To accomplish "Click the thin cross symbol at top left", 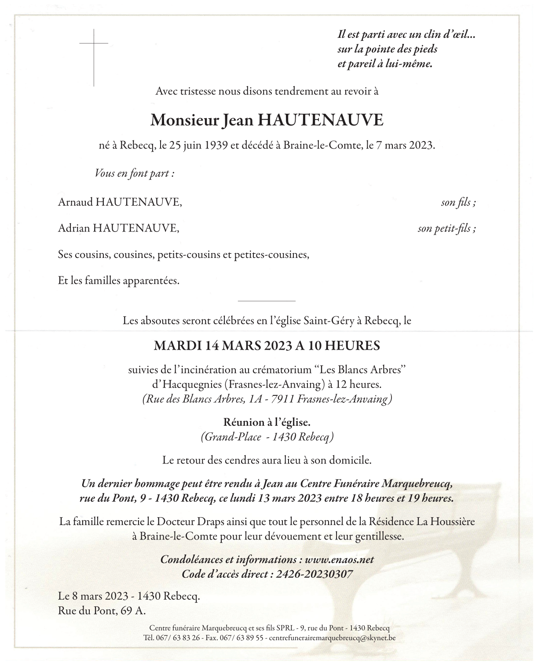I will pyautogui.click(x=94, y=57).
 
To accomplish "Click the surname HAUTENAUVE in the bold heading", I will pyautogui.click(x=320, y=120).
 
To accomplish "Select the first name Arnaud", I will pyautogui.click(x=75, y=202).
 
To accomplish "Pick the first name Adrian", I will pyautogui.click(x=74, y=228).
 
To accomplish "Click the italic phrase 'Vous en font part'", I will pyautogui.click(x=134, y=173).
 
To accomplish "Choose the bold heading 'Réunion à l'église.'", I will pyautogui.click(x=267, y=422).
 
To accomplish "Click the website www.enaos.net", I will pyautogui.click(x=339, y=560).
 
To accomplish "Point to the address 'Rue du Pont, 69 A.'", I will pyautogui.click(x=102, y=611).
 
